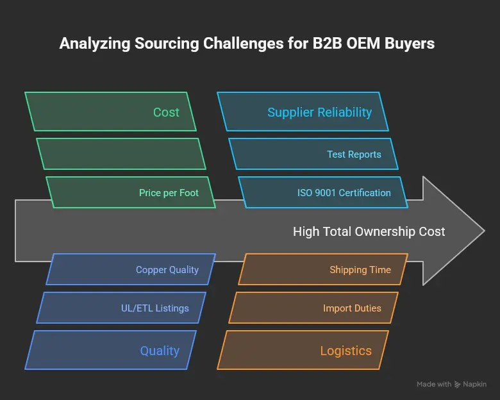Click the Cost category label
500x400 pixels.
(x=166, y=112)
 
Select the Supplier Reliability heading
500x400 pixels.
(x=319, y=112)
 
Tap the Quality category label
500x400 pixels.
(x=160, y=351)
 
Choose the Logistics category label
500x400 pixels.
(x=346, y=351)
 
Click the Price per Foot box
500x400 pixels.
(x=169, y=193)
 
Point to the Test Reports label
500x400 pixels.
(x=354, y=154)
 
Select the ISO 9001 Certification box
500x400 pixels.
(x=344, y=193)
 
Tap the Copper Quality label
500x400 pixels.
(x=167, y=270)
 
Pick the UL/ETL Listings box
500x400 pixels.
(x=154, y=308)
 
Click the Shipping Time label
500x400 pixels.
(x=360, y=270)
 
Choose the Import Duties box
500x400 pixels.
(x=352, y=308)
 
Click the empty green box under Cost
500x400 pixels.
(x=121, y=154)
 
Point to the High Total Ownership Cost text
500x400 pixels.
(x=369, y=231)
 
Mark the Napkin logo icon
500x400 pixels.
(x=457, y=385)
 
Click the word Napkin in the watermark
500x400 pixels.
(x=474, y=385)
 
